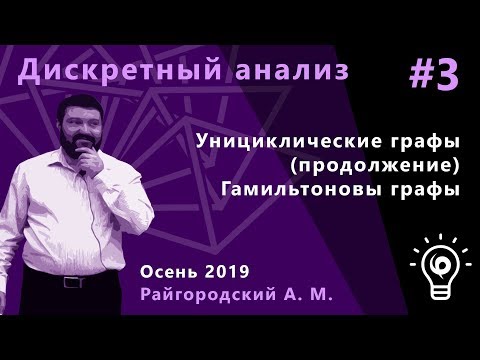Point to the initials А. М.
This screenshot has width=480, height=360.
[312, 298]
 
